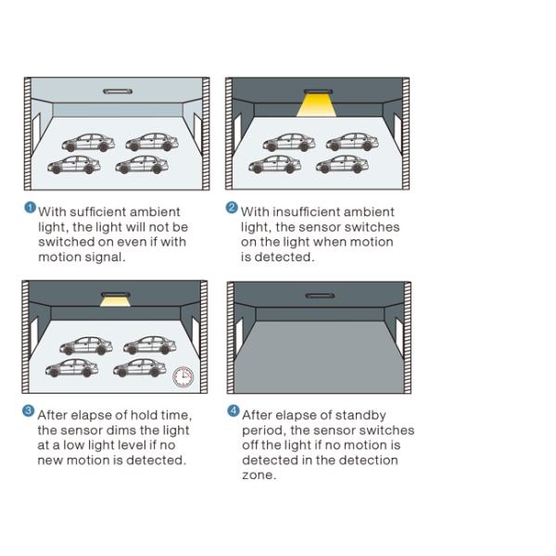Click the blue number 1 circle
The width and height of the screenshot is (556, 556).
[31, 208]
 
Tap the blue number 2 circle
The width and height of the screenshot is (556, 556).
[232, 208]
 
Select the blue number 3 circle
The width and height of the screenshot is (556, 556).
[28, 411]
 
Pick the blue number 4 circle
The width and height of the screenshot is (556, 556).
[233, 411]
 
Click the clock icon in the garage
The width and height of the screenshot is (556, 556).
[183, 377]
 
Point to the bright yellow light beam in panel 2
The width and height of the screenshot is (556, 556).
[316, 106]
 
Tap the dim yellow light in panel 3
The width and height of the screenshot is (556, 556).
[115, 302]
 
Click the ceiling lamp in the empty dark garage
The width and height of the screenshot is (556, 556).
[320, 296]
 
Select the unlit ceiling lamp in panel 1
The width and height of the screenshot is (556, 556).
[118, 92]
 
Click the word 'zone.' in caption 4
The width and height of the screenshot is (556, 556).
[259, 475]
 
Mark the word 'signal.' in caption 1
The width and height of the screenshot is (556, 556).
[105, 258]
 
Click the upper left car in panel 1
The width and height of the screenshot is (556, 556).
[88, 143]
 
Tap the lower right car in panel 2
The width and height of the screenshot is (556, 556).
[342, 164]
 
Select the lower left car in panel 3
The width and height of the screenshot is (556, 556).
[72, 368]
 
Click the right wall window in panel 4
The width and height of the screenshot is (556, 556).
[399, 337]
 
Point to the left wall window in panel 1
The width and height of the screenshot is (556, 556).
[36, 132]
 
